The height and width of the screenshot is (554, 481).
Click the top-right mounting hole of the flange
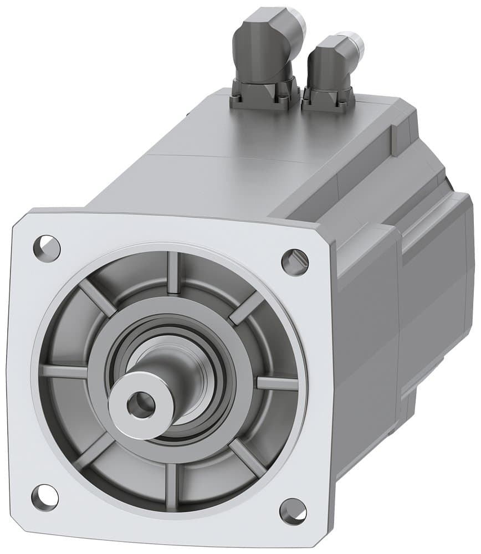(x=294, y=259)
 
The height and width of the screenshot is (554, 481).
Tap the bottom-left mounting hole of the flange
(x=45, y=495)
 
